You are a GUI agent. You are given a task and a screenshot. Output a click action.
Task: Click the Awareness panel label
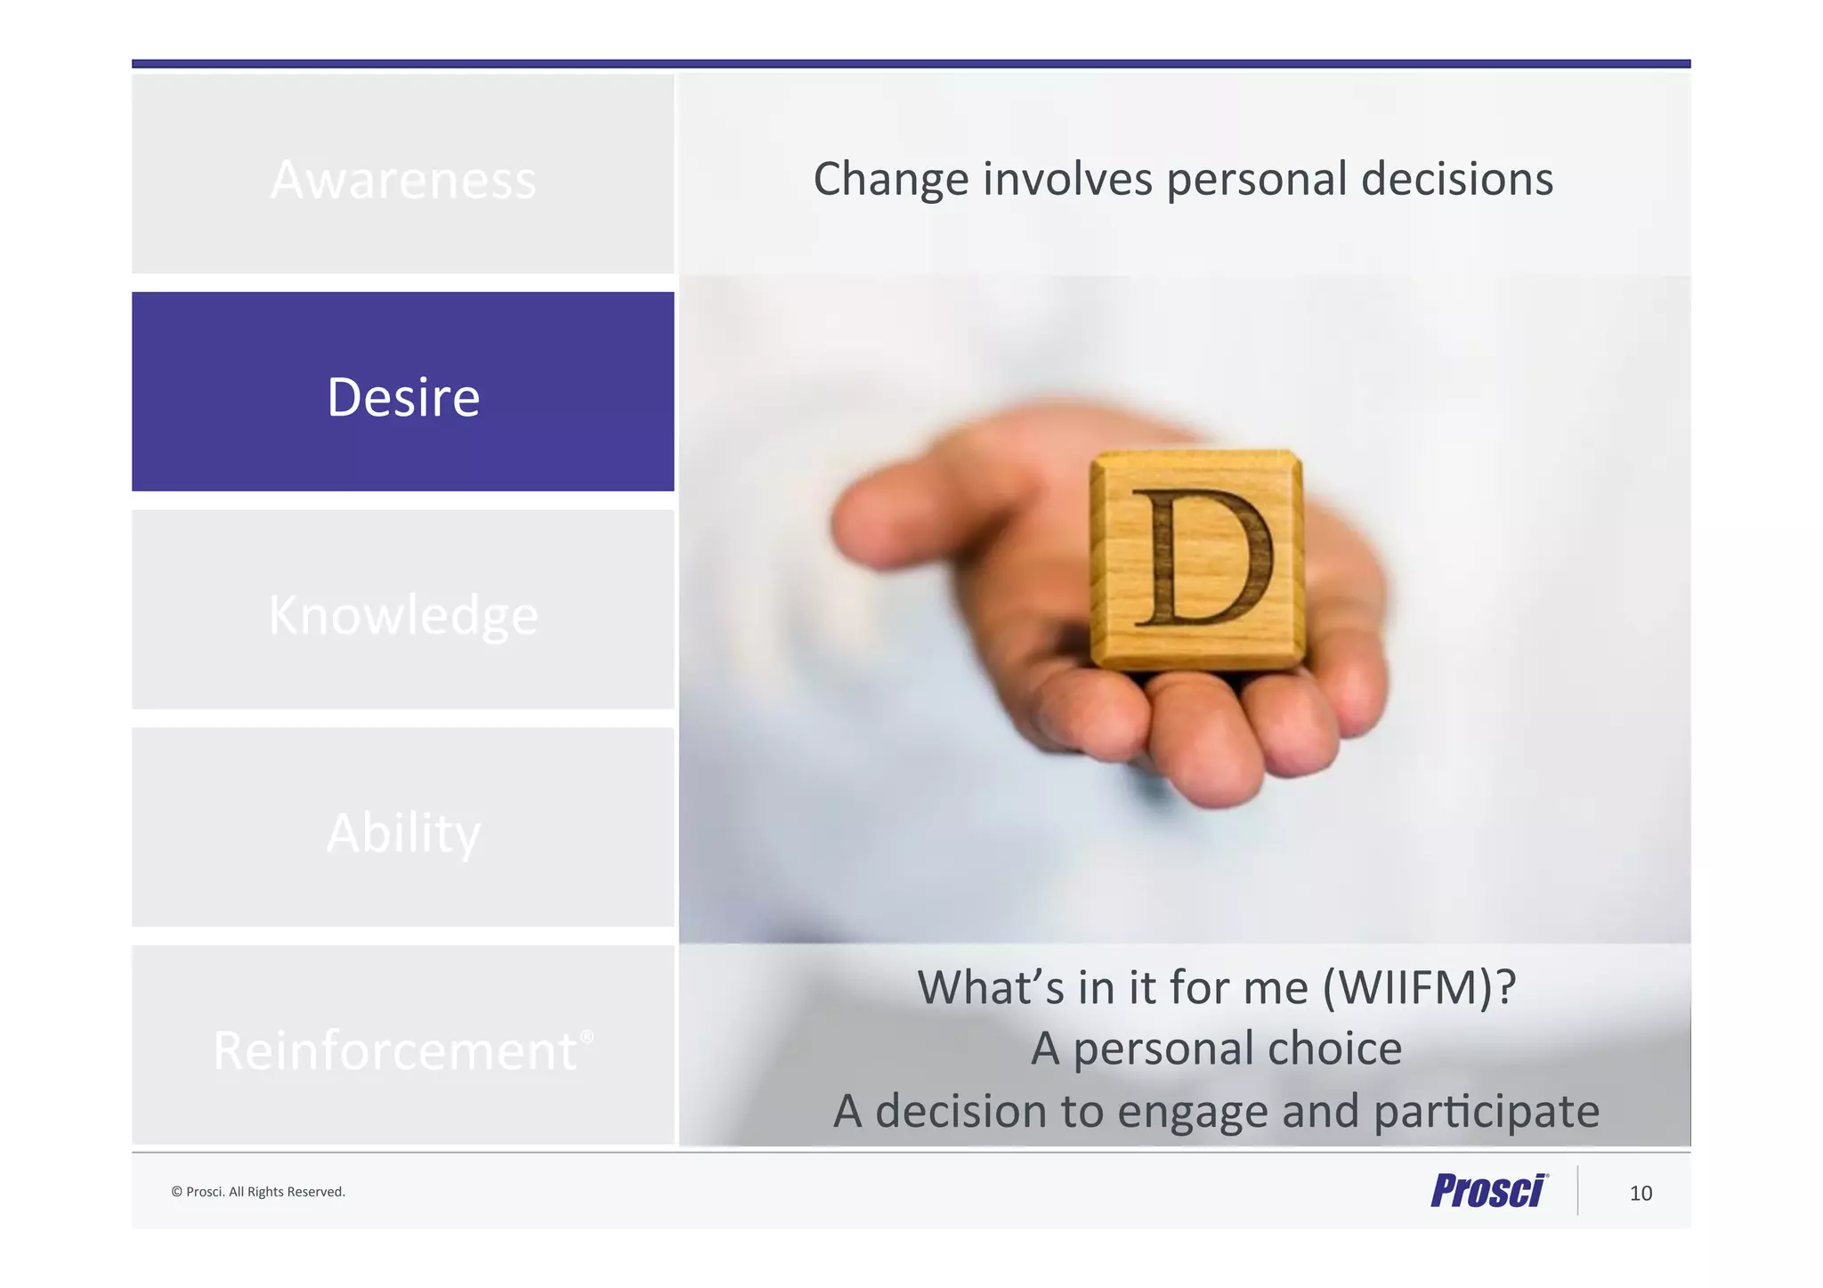point(403,180)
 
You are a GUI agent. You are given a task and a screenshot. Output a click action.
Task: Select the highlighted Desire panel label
point(403,397)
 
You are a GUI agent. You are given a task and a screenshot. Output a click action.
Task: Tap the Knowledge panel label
point(403,615)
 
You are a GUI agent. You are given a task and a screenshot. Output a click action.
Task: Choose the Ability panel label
point(403,833)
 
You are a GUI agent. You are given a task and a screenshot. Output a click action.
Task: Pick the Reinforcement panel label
point(395,1051)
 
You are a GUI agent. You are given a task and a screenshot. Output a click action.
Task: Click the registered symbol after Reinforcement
point(587,1036)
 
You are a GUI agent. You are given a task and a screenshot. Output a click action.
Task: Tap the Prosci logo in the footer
point(1488,1191)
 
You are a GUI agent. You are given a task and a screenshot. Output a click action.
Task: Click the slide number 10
point(1641,1194)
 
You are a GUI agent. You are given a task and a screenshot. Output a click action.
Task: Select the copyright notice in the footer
point(258,1192)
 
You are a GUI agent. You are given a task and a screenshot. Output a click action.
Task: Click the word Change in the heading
point(890,180)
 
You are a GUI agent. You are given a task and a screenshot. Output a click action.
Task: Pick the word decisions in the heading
point(1457,179)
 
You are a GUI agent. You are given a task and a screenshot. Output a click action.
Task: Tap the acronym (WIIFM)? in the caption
point(1419,987)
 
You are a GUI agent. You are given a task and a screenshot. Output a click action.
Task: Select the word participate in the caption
point(1486,1112)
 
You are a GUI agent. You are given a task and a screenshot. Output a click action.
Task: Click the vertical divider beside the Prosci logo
point(1578,1190)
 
